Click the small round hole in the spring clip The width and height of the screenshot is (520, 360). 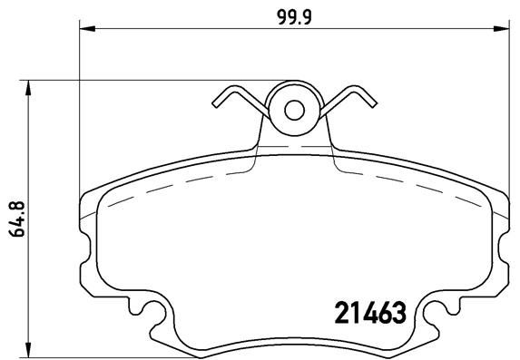point(294,110)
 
